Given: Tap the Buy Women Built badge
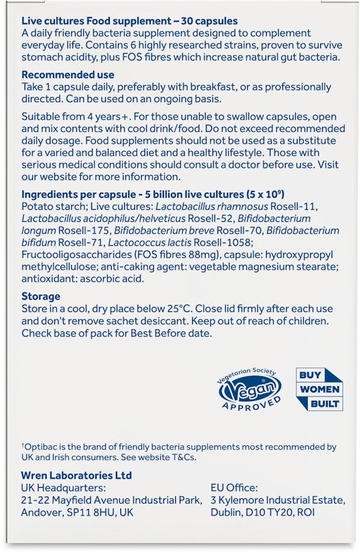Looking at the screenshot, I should coord(319,389).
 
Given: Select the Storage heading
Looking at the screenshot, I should coord(41,296).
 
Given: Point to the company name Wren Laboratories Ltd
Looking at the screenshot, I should coord(76,476).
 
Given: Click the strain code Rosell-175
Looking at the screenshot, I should coord(74,231).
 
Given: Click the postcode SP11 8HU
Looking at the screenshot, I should coord(92,513).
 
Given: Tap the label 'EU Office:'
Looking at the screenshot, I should coord(234,488).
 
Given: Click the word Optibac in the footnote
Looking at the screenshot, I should coord(39,447).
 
